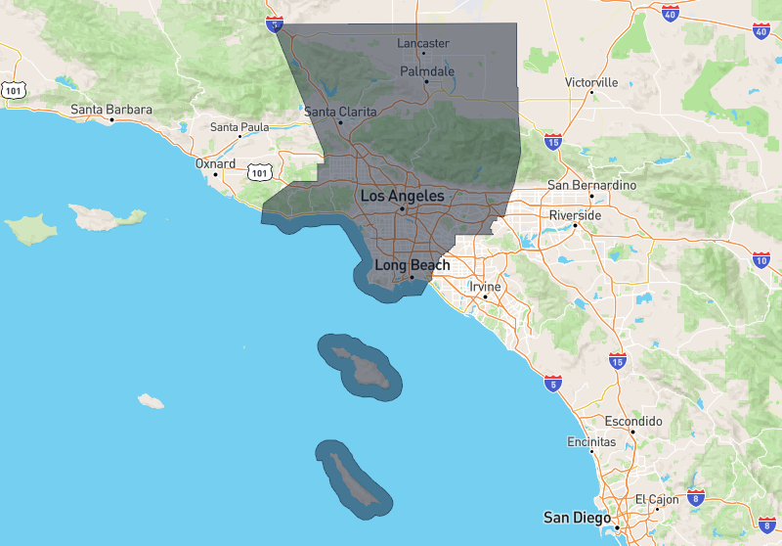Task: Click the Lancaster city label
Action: pos(423,43)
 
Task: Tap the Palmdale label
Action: pos(427,71)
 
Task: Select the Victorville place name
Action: pos(591,82)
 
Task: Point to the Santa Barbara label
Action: pos(110,110)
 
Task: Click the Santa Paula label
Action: pos(239,127)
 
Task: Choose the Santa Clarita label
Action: pos(340,112)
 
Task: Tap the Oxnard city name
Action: pos(215,163)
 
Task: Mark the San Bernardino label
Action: pos(591,185)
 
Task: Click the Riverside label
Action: pos(576,214)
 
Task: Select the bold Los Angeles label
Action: pos(402,197)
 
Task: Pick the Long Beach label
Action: pos(413,265)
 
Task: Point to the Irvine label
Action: pos(485,287)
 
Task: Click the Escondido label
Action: pos(633,421)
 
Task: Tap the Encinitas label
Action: pos(591,442)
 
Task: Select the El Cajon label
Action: pos(657,499)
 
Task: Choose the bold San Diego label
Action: pos(578,517)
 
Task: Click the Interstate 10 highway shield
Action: pos(762,259)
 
